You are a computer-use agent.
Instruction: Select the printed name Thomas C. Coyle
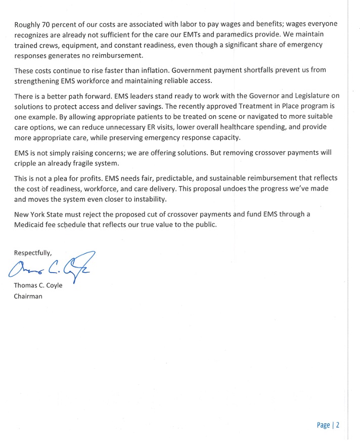pyautogui.click(x=38, y=286)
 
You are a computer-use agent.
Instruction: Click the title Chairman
pyautogui.click(x=28, y=296)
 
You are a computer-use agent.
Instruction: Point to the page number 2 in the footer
pyautogui.click(x=337, y=425)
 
